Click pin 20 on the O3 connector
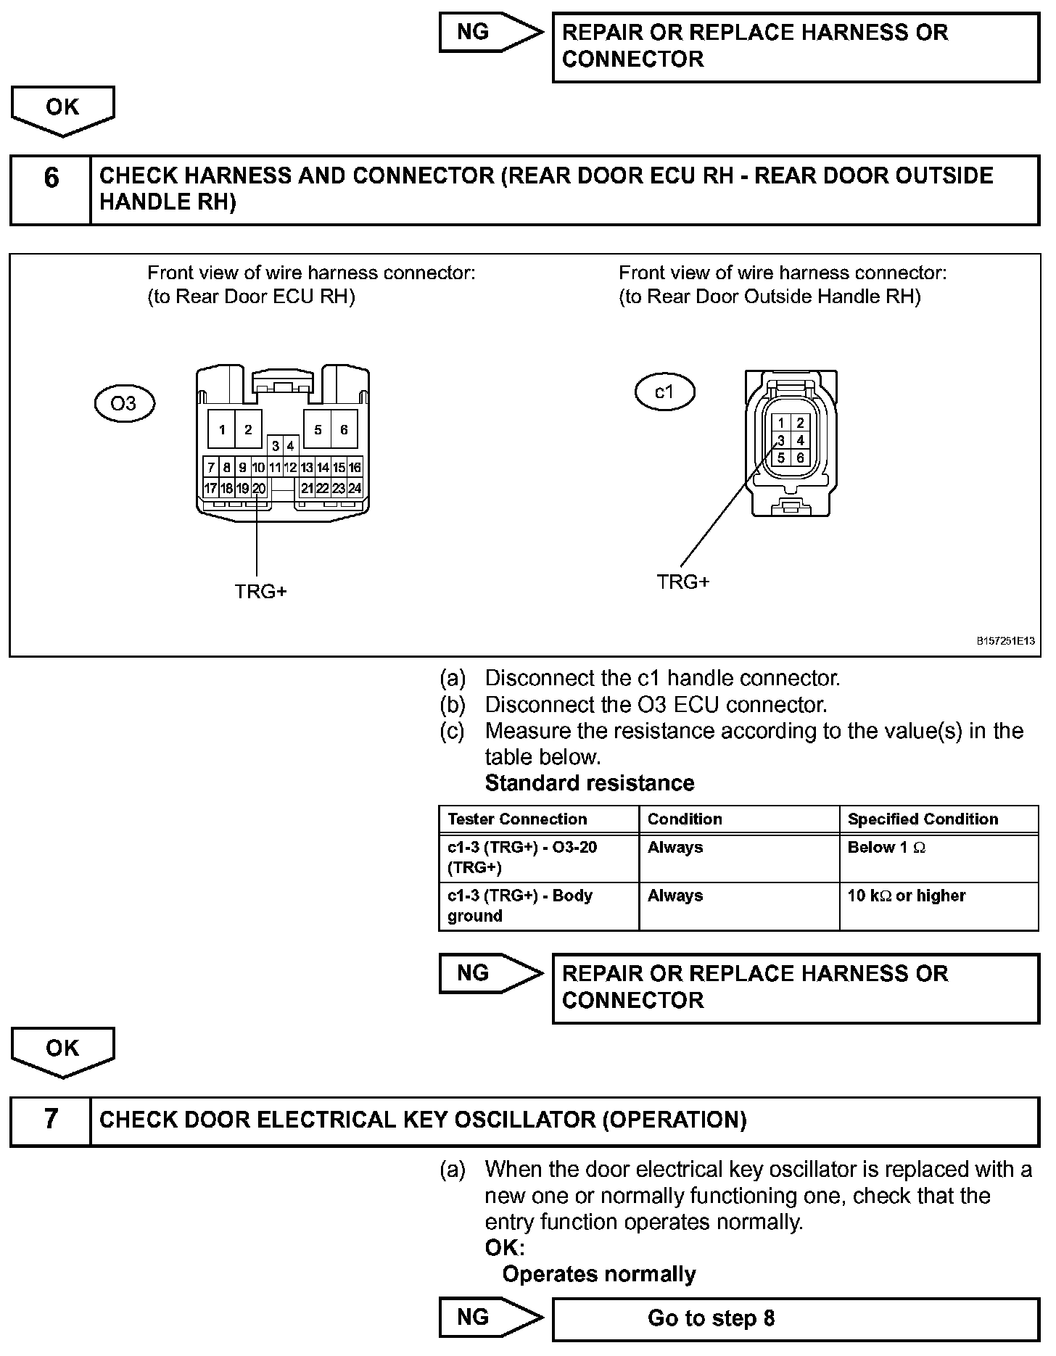(x=259, y=489)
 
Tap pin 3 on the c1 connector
(x=781, y=440)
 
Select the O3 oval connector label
(x=125, y=403)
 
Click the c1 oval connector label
(x=664, y=392)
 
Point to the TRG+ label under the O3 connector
(x=260, y=592)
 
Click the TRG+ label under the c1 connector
(x=682, y=582)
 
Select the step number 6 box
(x=51, y=189)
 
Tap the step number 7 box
(x=51, y=1120)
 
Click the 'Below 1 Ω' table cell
(x=939, y=858)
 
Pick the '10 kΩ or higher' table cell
(x=939, y=906)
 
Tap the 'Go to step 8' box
(x=795, y=1318)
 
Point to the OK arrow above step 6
(x=63, y=109)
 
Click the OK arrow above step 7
(x=63, y=1051)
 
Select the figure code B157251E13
(x=1005, y=641)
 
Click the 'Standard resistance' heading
(x=589, y=783)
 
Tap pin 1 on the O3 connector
(x=222, y=429)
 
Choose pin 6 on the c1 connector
(x=800, y=458)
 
